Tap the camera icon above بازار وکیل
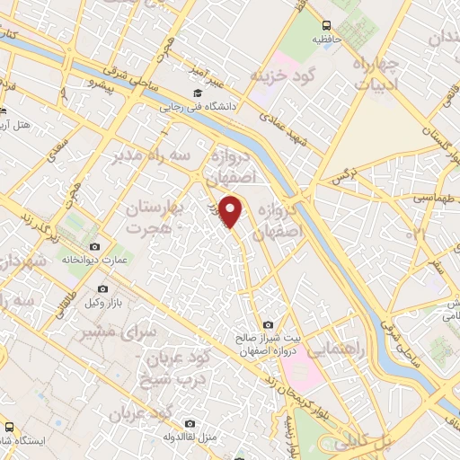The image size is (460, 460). [102, 289]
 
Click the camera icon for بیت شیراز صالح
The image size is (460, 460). [267, 324]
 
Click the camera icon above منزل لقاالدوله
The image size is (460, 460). [190, 423]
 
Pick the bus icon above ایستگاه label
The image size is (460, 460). [8, 427]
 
